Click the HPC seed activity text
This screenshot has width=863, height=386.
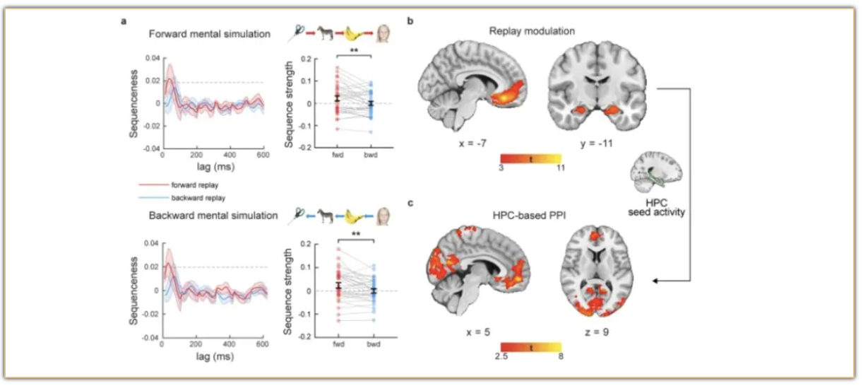660,206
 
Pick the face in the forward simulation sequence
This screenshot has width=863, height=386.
385,33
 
